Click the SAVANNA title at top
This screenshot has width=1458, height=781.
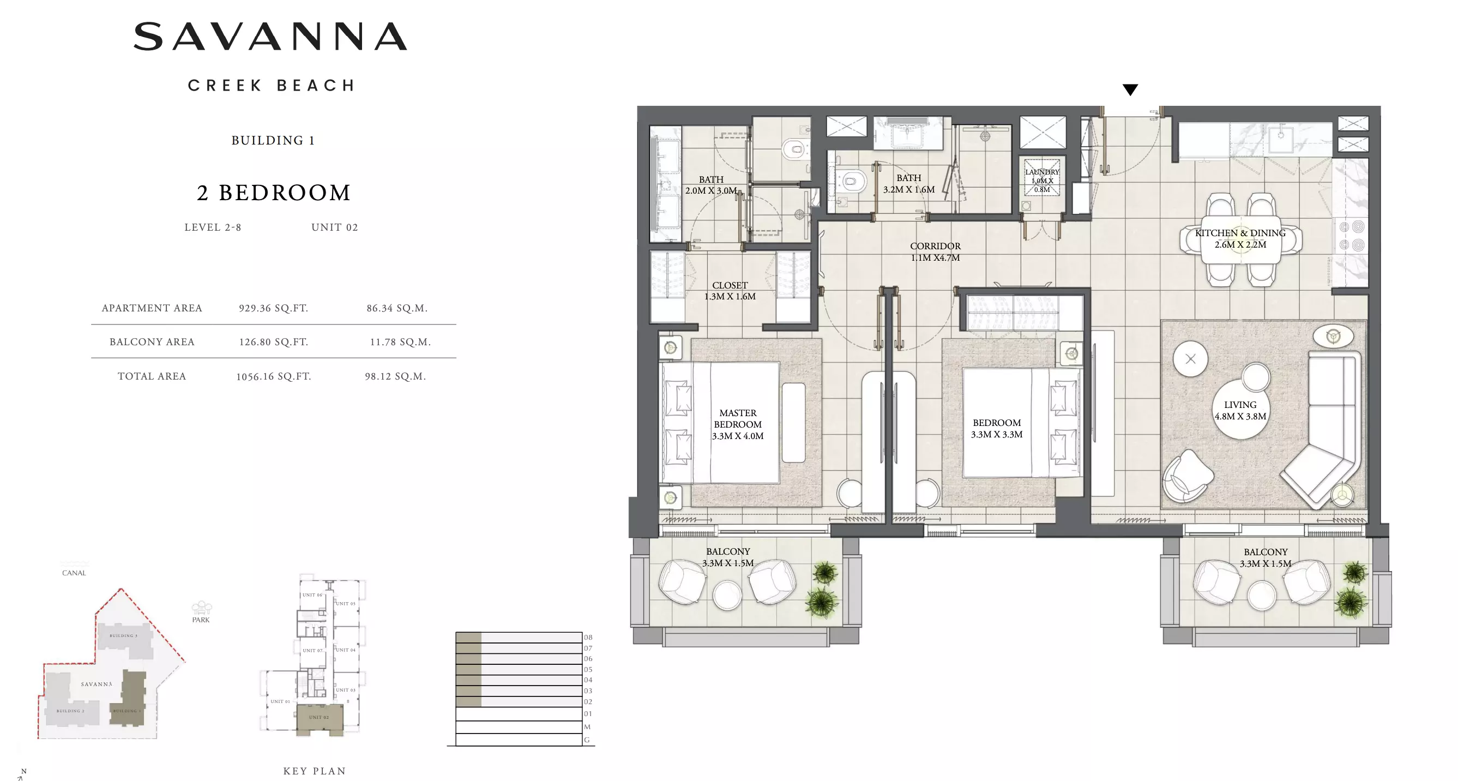[270, 37]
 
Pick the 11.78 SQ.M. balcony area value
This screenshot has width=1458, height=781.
[400, 342]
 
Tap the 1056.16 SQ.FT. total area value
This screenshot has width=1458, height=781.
[273, 376]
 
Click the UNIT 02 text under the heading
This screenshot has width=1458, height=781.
[334, 227]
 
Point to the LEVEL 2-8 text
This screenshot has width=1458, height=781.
[213, 227]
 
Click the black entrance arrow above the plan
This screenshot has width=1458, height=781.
[1130, 89]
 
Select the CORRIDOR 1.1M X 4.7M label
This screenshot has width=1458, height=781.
[935, 252]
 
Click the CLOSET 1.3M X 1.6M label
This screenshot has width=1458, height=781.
[730, 291]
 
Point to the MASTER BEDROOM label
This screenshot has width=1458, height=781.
[738, 424]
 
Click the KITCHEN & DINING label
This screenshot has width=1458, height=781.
[1240, 239]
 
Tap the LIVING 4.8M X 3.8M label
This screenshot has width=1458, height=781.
[1240, 411]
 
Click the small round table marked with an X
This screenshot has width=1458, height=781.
[1190, 359]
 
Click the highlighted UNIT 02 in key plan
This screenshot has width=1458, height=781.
[318, 718]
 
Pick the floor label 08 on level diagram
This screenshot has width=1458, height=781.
[588, 637]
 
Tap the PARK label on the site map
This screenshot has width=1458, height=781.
[200, 620]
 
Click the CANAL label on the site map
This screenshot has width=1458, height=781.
[74, 573]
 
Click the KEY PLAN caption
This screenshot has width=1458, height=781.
[315, 771]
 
